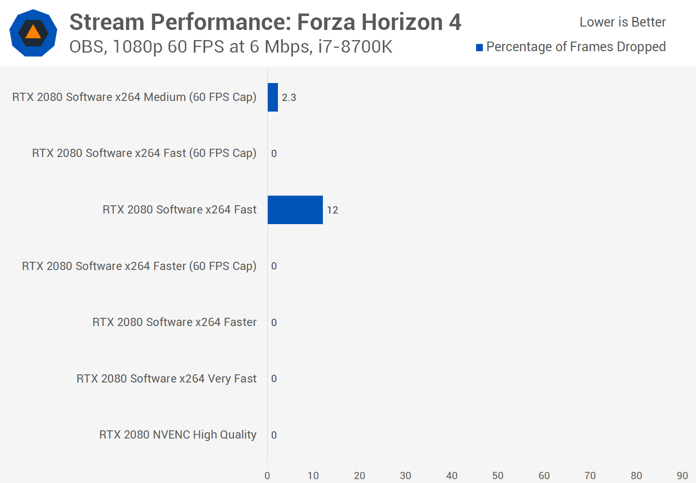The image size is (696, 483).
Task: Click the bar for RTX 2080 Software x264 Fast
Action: pyautogui.click(x=295, y=210)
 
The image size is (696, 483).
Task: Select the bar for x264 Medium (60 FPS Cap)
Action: pyautogui.click(x=273, y=97)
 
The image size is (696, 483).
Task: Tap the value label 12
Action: pyautogui.click(x=333, y=210)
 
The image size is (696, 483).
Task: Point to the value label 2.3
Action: pyautogui.click(x=289, y=98)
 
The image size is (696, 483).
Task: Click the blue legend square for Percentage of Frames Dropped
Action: pyautogui.click(x=479, y=47)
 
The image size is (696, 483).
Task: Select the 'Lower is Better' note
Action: pyautogui.click(x=623, y=22)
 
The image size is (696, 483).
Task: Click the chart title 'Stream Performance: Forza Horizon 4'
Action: pyautogui.click(x=265, y=22)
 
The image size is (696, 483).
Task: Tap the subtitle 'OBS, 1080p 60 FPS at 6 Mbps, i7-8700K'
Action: pyautogui.click(x=231, y=47)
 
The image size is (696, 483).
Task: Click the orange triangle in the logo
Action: pyautogui.click(x=33, y=32)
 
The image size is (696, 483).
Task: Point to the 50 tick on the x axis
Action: pyautogui.click(x=498, y=476)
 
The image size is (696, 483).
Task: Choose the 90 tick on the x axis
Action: pyautogui.click(x=682, y=476)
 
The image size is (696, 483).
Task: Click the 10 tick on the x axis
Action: pyautogui.click(x=313, y=476)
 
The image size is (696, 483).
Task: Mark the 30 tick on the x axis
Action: pyautogui.click(x=406, y=476)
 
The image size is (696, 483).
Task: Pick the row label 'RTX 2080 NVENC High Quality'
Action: pyautogui.click(x=178, y=435)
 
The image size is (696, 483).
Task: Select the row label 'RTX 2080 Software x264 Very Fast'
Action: pyautogui.click(x=166, y=379)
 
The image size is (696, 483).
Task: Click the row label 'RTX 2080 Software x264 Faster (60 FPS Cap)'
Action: pyautogui.click(x=139, y=266)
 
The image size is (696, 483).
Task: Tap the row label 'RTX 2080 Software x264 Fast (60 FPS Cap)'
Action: pyautogui.click(x=144, y=153)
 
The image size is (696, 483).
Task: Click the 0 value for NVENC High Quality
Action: pyautogui.click(x=274, y=435)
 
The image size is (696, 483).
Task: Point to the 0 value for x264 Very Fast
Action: pyautogui.click(x=274, y=379)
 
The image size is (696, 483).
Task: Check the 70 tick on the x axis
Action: pyautogui.click(x=590, y=476)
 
